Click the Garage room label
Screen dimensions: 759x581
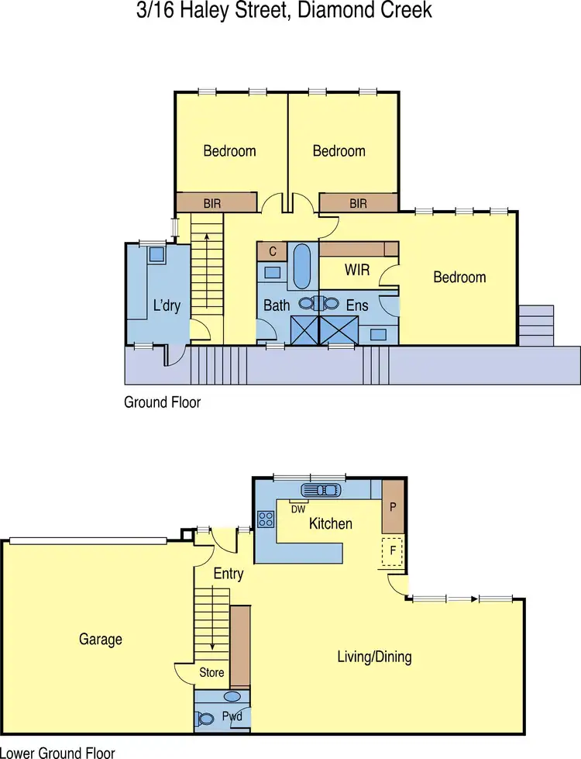101,640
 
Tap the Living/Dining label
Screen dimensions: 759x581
374,657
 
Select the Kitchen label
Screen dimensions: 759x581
331,524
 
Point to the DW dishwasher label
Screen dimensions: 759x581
298,509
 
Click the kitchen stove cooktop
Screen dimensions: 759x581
266,519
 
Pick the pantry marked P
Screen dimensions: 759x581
393,508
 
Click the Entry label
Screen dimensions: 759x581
228,574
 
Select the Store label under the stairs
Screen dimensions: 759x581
211,672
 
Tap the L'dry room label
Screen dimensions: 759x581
167,305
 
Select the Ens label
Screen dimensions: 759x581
357,305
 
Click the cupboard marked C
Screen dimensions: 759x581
272,251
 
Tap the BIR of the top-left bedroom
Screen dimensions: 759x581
212,203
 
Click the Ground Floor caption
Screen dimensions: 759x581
162,402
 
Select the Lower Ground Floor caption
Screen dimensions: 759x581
57,752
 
